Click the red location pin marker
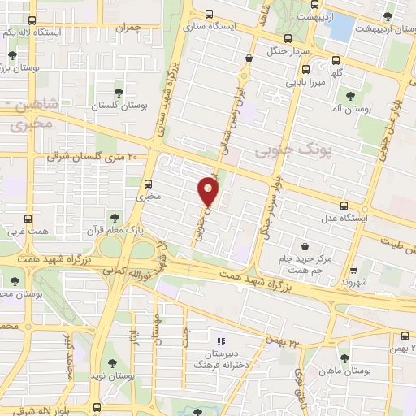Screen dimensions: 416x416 click(x=208, y=192)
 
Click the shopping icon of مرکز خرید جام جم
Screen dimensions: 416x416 click(x=305, y=246)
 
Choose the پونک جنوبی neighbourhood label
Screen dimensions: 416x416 click(x=284, y=150)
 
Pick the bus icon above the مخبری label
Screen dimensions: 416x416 click(x=148, y=184)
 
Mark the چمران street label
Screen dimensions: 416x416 click(x=128, y=28)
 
